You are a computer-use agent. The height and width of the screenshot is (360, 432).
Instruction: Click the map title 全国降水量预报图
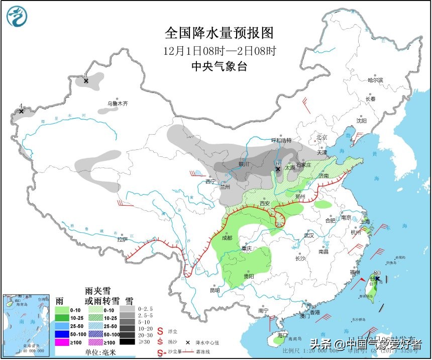(220, 33)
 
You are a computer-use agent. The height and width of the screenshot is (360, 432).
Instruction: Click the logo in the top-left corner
(17, 17)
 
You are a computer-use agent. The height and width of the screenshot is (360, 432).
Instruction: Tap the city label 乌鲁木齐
(117, 104)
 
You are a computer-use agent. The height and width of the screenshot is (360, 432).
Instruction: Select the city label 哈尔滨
(375, 80)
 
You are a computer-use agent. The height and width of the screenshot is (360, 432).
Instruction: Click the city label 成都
(226, 238)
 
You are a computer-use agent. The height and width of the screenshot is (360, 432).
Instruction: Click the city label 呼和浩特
(281, 140)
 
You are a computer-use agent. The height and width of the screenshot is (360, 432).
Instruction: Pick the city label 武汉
(308, 235)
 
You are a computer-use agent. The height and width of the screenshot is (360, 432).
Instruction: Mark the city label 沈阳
(361, 121)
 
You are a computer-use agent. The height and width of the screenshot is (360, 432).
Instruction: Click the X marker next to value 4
(21, 111)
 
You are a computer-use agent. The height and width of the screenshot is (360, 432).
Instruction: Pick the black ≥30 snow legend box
(129, 342)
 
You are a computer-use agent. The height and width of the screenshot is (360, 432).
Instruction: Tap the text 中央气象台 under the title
(220, 66)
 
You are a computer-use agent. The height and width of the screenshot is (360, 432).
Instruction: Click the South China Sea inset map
(25, 324)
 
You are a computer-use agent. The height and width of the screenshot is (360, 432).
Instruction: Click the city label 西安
(265, 204)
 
